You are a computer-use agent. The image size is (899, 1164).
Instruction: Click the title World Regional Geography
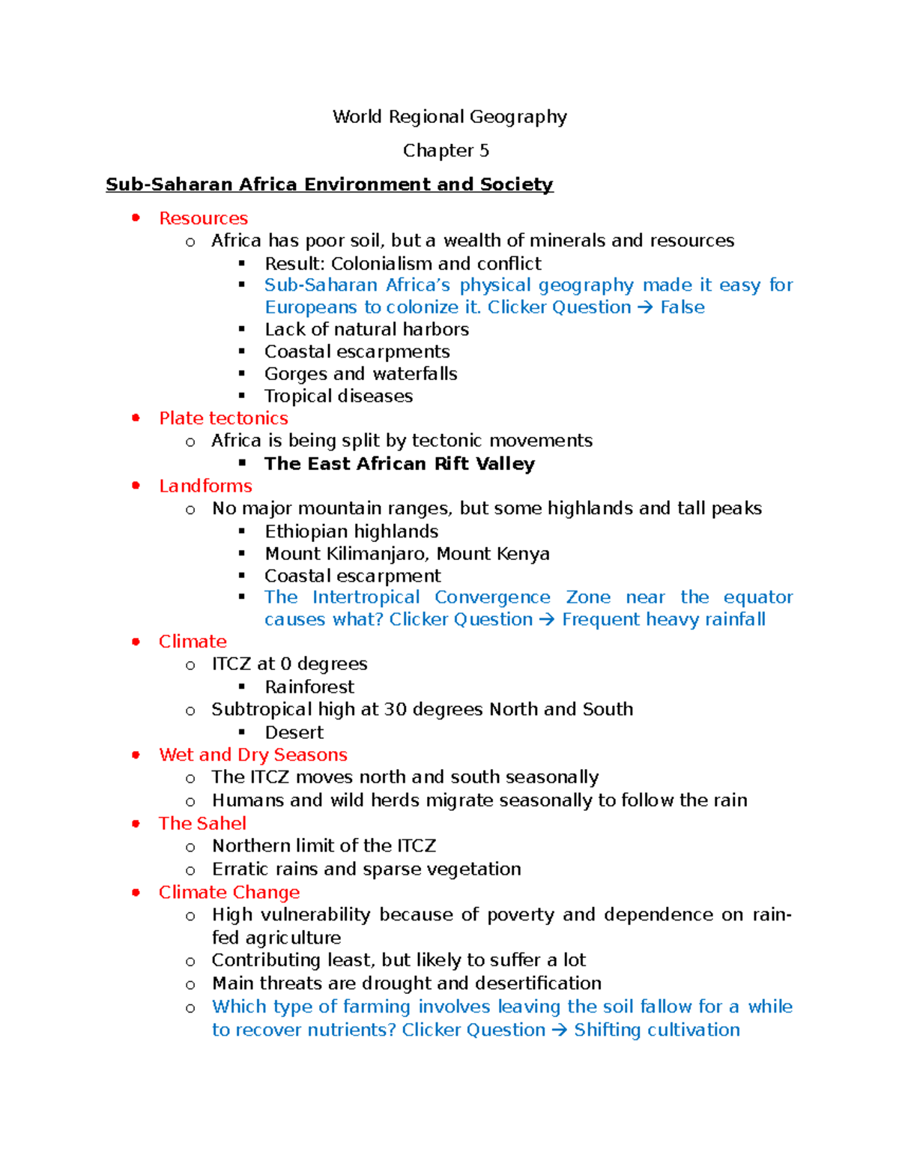pos(449,117)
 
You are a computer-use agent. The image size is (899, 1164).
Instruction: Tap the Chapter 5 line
pos(446,151)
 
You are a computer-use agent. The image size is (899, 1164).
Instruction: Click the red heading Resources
pos(203,218)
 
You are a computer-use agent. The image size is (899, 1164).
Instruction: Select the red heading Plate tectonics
pos(223,418)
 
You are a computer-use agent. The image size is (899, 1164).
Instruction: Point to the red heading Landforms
pos(205,486)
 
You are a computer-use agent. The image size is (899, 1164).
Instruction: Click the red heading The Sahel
pos(202,823)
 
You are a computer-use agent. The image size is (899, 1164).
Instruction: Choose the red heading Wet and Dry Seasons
pos(253,755)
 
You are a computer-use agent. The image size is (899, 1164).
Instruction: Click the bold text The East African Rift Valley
pos(399,464)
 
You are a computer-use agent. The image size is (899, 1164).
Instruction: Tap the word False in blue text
pos(682,307)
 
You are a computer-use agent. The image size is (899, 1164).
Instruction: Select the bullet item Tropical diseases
pos(339,396)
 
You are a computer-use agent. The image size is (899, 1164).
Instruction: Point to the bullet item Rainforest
pos(309,687)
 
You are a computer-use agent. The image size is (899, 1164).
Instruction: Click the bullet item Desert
pos(294,732)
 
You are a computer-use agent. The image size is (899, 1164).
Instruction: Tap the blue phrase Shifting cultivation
pos(656,1030)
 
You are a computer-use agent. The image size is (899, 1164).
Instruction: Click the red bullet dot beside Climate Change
pos(136,892)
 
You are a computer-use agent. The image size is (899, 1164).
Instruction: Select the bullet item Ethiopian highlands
pos(351,531)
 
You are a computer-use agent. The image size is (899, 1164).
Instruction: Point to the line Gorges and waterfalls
pos(360,374)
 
